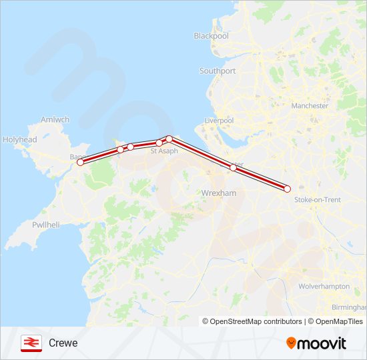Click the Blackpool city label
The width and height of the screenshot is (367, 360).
[211, 36]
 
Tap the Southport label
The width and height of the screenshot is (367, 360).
[218, 71]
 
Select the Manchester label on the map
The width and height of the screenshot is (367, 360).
[310, 105]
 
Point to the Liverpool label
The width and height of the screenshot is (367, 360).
[219, 121]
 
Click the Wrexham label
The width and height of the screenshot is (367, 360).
[219, 193]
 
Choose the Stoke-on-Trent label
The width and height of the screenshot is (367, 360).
[318, 199]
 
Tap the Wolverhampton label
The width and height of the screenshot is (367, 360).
[324, 286]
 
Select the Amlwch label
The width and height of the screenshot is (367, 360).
[55, 120]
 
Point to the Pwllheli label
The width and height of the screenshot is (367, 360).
[46, 226]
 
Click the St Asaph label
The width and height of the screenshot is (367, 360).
[164, 151]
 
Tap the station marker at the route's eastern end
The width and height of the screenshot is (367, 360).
[287, 189]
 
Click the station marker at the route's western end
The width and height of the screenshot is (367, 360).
[80, 162]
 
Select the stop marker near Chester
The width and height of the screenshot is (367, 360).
[233, 167]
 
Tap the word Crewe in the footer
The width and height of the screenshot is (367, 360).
[63, 343]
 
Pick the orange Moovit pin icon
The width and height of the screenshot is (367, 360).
[291, 343]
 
